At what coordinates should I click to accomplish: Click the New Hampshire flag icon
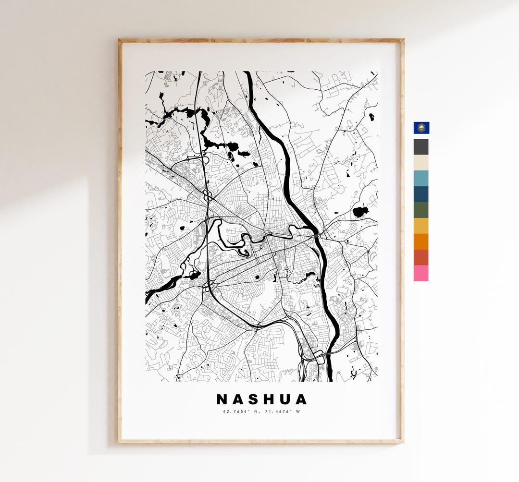(421, 128)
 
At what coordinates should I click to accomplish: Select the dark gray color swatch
(421, 147)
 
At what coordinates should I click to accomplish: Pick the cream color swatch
(421, 163)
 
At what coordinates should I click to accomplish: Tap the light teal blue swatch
(421, 178)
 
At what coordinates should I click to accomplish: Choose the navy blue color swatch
(421, 194)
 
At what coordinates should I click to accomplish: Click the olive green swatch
(421, 210)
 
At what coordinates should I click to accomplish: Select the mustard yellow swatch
(421, 226)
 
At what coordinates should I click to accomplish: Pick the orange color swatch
(421, 241)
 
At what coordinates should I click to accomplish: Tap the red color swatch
(421, 257)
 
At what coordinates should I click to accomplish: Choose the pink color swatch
(421, 273)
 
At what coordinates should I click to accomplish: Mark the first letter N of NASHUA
(222, 399)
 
